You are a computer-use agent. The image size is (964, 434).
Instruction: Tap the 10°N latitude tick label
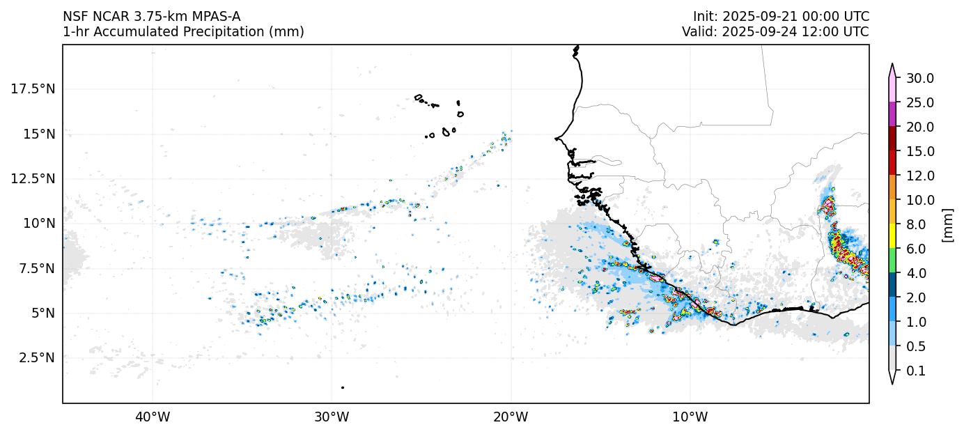coord(39,224)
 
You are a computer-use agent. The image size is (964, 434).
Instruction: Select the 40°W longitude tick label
coord(152,417)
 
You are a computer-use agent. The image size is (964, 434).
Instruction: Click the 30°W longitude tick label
coord(332,417)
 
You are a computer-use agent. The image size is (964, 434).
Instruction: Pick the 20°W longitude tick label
coord(511,417)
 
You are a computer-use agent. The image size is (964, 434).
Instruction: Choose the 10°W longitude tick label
coord(690,417)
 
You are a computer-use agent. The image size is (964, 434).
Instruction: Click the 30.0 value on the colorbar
coord(919,78)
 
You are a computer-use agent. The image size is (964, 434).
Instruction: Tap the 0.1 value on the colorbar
coord(917,371)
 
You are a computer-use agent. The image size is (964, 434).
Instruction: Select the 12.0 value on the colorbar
coord(919,176)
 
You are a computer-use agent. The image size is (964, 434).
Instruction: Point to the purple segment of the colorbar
coord(892,114)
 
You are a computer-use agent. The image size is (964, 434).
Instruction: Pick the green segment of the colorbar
coord(892,261)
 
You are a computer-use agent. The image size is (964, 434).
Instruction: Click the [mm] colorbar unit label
coord(947,224)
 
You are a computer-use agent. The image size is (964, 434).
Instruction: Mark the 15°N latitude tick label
coord(39,134)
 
